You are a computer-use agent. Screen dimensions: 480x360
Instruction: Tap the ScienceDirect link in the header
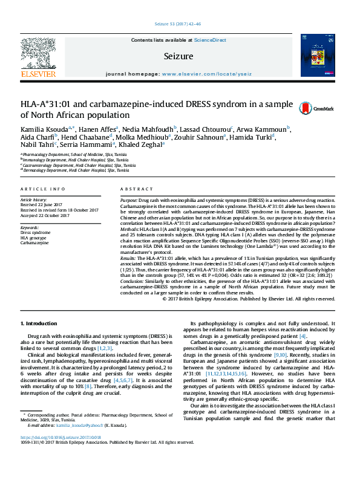[x=210, y=40]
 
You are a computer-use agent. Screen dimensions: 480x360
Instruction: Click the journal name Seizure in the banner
[x=178, y=56]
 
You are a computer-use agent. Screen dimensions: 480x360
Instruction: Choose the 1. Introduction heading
[x=40, y=324]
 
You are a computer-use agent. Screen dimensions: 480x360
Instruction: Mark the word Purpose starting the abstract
[x=128, y=199]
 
